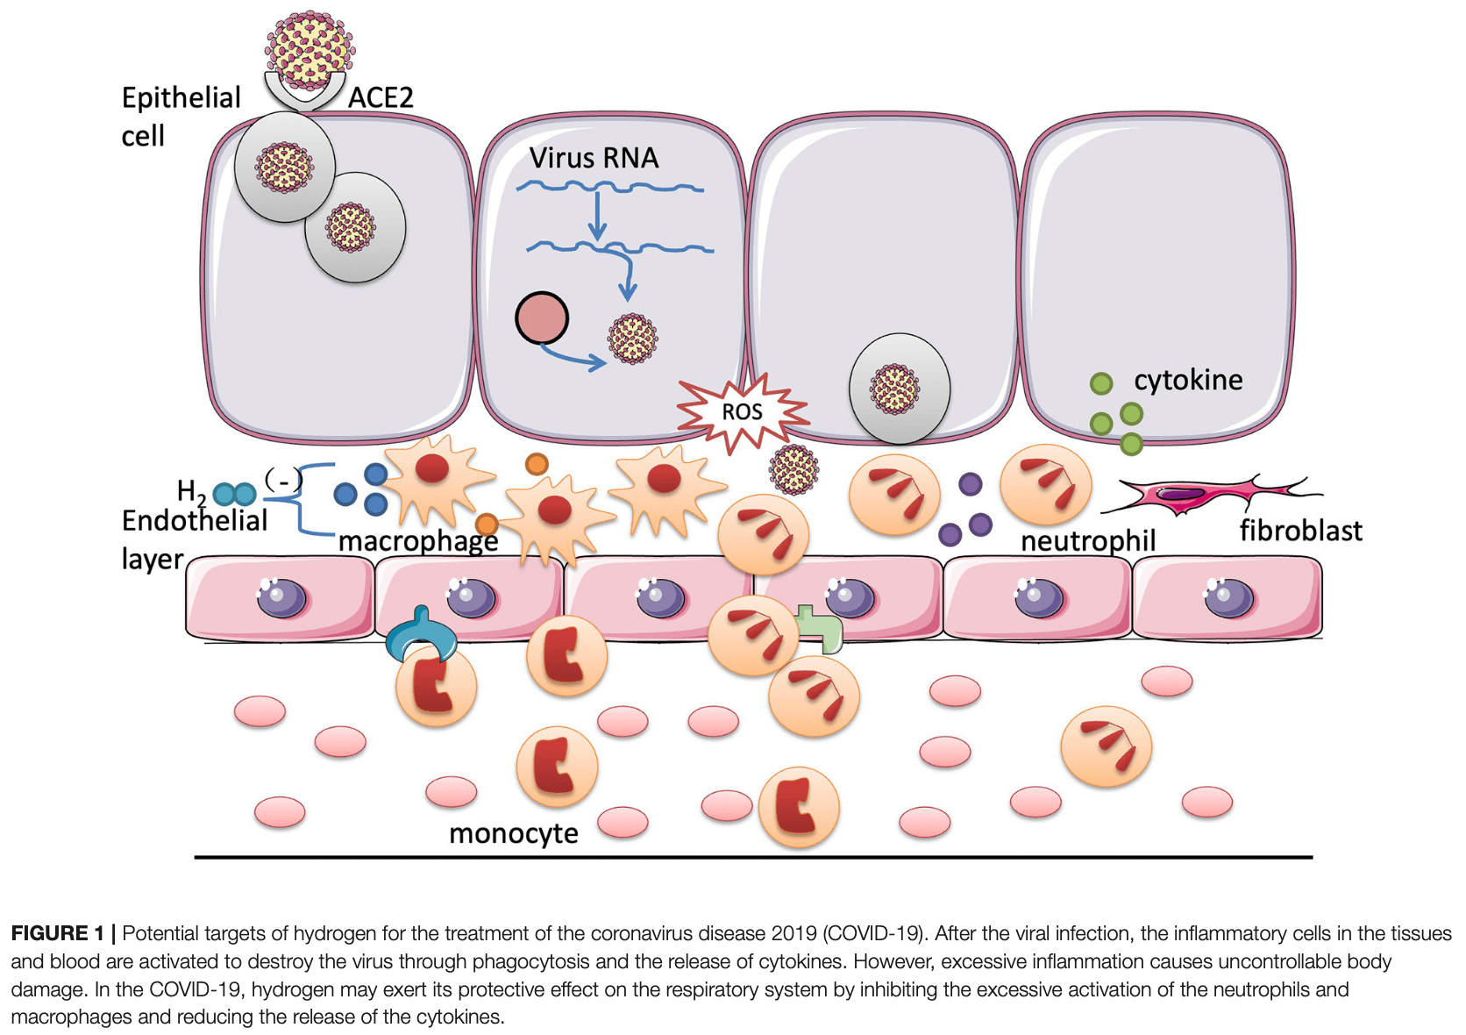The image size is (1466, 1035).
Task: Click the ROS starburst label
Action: [x=742, y=411]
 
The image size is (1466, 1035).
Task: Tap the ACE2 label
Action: [x=381, y=97]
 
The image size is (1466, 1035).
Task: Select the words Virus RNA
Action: [x=594, y=158]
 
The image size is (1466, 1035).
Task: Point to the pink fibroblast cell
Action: [x=1201, y=494]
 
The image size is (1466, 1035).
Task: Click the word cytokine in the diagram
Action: [x=1188, y=380]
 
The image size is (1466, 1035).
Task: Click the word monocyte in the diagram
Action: [x=514, y=832]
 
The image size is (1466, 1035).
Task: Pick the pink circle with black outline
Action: [x=542, y=318]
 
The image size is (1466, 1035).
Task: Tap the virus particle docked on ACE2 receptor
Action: [x=310, y=49]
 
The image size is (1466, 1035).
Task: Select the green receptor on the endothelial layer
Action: [x=821, y=628]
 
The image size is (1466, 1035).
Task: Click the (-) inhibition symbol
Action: [x=283, y=480]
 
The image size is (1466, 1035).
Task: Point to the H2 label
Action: [x=191, y=491]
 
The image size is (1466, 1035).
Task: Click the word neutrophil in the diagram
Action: [x=1088, y=540]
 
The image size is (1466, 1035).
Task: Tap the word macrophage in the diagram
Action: [x=418, y=541]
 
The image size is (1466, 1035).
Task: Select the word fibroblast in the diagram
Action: [x=1300, y=531]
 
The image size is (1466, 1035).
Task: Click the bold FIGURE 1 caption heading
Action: [x=57, y=933]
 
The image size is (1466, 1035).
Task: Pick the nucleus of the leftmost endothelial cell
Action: [x=281, y=598]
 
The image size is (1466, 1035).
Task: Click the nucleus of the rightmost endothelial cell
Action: [x=1229, y=598]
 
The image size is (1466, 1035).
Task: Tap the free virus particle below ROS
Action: [x=793, y=469]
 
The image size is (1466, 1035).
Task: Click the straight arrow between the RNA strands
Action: [x=597, y=215]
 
